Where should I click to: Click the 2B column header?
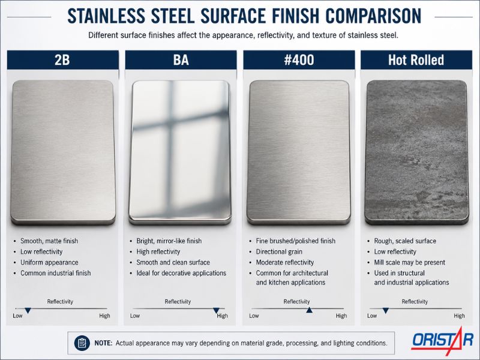point(62,59)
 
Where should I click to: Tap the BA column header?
point(181,59)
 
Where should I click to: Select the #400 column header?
point(299,59)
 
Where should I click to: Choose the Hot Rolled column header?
point(416,59)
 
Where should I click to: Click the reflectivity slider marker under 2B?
point(28,311)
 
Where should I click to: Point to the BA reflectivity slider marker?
point(216,311)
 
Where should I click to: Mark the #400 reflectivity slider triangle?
point(309,310)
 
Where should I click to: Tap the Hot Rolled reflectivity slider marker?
point(386,311)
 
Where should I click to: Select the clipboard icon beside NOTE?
point(82,343)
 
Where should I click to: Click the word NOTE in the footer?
point(103,343)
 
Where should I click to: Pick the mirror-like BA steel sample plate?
point(180,152)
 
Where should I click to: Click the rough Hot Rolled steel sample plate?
point(416,152)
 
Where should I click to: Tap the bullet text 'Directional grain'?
point(279,251)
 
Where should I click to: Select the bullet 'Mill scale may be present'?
point(409,262)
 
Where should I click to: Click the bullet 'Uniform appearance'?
point(49,262)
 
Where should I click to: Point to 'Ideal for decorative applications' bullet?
point(181,273)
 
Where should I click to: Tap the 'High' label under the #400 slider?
point(341,316)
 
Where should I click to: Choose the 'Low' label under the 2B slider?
point(17,316)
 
